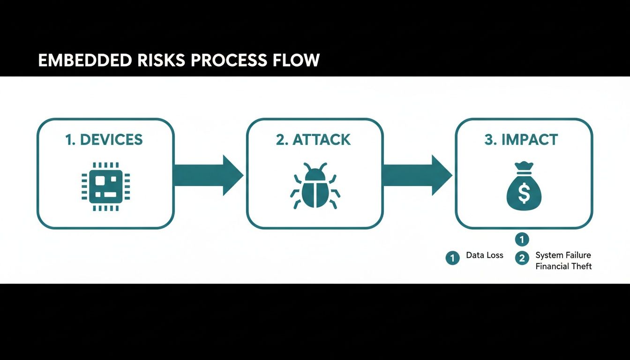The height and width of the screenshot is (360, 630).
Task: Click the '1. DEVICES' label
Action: [105, 139]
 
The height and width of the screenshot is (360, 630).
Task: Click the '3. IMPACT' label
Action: [521, 139]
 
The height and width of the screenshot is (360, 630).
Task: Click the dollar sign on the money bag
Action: [524, 193]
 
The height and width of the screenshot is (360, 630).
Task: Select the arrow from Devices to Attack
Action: [209, 175]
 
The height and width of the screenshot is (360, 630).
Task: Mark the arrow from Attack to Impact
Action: [418, 175]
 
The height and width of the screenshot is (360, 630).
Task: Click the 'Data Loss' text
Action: [485, 255]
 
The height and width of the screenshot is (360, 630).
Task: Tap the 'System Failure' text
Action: [563, 255]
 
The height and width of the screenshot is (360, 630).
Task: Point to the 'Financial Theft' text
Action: [563, 266]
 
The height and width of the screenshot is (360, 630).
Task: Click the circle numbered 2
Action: [522, 258]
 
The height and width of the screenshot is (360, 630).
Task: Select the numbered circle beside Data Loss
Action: [452, 257]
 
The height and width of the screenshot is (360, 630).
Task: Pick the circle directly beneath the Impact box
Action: [522, 240]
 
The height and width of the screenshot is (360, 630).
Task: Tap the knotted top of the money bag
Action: [524, 167]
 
